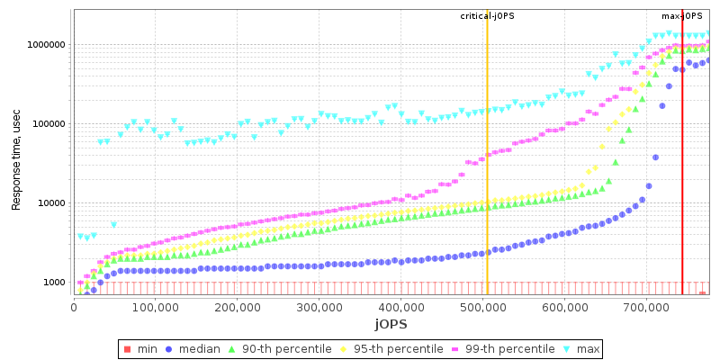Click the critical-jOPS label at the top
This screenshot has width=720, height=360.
click(x=487, y=16)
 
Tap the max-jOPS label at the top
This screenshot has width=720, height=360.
click(x=682, y=16)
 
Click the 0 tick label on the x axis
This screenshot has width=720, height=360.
click(x=74, y=306)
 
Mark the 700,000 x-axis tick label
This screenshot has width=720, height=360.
click(x=645, y=306)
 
